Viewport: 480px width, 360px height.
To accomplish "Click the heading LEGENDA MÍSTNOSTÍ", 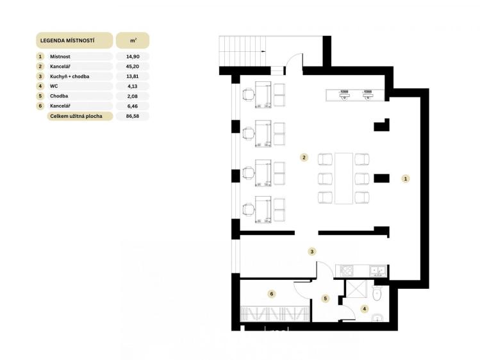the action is pyautogui.click(x=67, y=40).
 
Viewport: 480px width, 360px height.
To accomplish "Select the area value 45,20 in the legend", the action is pyautogui.click(x=133, y=67).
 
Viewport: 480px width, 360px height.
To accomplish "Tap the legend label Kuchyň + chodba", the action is pyautogui.click(x=69, y=76).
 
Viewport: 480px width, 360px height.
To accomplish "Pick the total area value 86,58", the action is pyautogui.click(x=133, y=116).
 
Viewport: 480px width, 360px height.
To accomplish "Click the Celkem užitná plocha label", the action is pyautogui.click(x=76, y=116).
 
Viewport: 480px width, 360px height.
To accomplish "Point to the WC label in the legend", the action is pyautogui.click(x=54, y=86).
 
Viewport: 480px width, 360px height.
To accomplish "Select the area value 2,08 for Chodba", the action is pyautogui.click(x=133, y=96).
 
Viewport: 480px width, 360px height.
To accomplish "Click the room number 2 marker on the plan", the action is pyautogui.click(x=304, y=158).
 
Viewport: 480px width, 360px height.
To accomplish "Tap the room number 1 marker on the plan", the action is pyautogui.click(x=406, y=179).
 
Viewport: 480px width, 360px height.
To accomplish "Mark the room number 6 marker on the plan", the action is pyautogui.click(x=271, y=294).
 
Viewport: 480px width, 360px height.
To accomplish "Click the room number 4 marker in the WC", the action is pyautogui.click(x=364, y=309).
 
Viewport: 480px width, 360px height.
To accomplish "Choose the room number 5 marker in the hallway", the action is pyautogui.click(x=326, y=299).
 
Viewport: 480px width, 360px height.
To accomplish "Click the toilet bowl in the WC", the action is pyautogui.click(x=377, y=293).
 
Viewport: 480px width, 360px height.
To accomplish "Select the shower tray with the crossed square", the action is pyautogui.click(x=356, y=288).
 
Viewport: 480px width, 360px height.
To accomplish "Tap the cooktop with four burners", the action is pyautogui.click(x=347, y=271).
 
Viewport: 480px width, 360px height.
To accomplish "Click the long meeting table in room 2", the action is pyautogui.click(x=343, y=178).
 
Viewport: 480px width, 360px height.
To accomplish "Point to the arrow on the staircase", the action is pyautogui.click(x=263, y=51).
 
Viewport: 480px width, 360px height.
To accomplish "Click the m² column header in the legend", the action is pyautogui.click(x=133, y=40).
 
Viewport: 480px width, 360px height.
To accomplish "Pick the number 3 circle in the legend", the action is pyautogui.click(x=40, y=76).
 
